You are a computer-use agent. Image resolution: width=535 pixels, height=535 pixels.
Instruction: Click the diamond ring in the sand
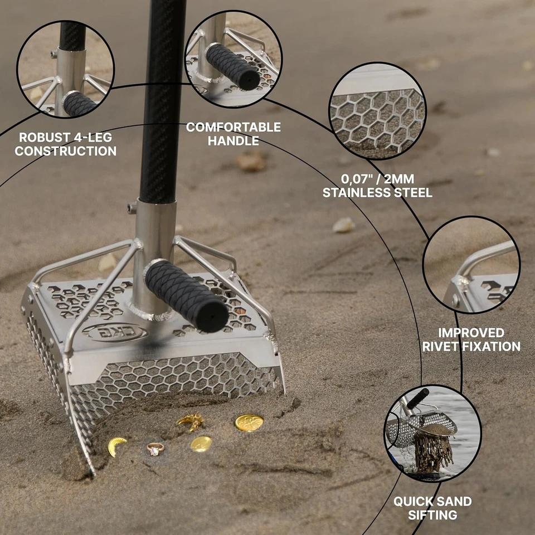[155, 448]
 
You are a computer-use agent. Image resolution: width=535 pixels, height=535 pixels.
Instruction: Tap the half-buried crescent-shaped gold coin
[116, 446]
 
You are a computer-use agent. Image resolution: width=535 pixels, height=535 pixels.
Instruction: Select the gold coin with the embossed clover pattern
[249, 422]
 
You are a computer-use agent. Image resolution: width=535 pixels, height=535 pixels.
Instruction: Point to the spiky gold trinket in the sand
[191, 421]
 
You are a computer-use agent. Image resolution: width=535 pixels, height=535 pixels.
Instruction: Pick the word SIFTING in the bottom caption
[432, 514]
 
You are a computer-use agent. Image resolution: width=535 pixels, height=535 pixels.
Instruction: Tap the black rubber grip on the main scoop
[186, 295]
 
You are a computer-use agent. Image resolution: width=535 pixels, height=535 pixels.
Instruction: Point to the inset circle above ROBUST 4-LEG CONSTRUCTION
[65, 69]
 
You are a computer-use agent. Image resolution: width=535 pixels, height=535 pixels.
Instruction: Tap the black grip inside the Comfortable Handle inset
[234, 66]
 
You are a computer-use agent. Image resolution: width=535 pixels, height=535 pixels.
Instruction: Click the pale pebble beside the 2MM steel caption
[343, 225]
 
